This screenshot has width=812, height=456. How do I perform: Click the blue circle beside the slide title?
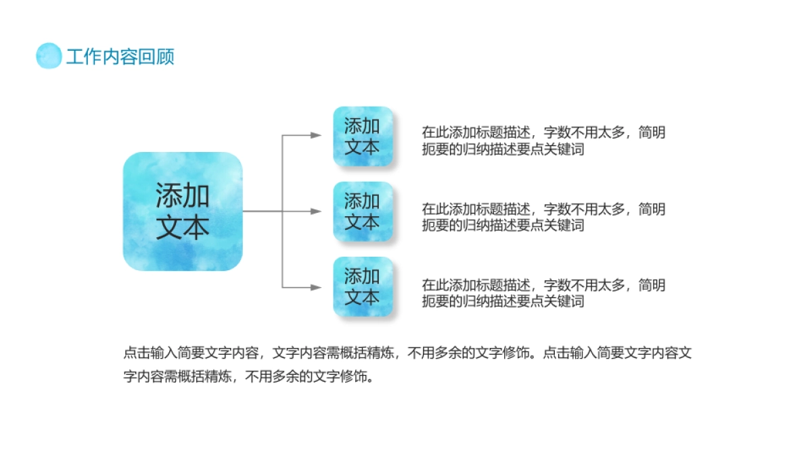(x=49, y=55)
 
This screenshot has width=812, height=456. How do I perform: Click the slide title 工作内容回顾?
(x=120, y=57)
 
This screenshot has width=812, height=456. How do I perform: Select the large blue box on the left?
(x=182, y=211)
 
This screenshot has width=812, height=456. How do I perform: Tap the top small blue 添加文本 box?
(x=363, y=136)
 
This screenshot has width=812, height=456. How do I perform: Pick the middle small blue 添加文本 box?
(x=363, y=211)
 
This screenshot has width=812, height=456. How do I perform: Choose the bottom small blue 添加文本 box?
(x=363, y=286)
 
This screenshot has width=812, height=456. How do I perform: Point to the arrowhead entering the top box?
(x=316, y=136)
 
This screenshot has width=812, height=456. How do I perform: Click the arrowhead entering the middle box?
(x=316, y=211)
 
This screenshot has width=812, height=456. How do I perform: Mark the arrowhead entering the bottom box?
(x=316, y=287)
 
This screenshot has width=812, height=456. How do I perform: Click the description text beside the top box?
(x=543, y=141)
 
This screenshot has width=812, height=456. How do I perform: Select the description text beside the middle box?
(x=543, y=217)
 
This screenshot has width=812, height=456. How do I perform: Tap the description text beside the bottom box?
(x=543, y=293)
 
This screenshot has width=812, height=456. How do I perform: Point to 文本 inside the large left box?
(x=183, y=228)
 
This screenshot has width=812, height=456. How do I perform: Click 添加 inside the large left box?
(x=183, y=196)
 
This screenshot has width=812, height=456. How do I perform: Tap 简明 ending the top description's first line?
(x=652, y=133)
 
